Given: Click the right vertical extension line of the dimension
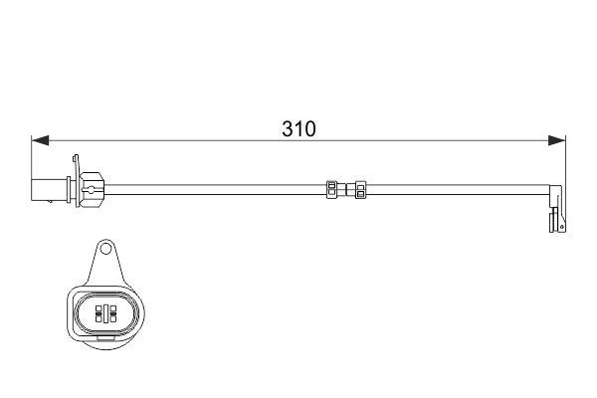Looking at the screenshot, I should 566,159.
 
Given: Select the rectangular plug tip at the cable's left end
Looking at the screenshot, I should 46,186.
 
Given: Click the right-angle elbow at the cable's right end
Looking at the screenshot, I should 553,189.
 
